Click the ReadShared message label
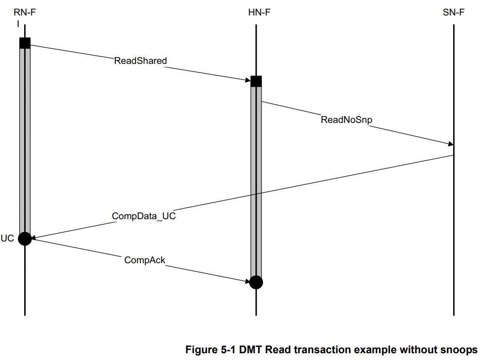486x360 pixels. click(x=140, y=61)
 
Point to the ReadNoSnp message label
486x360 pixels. click(x=347, y=120)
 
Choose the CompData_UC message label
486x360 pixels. click(x=144, y=216)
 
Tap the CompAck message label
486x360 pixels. click(x=145, y=260)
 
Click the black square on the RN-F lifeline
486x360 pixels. click(x=25, y=43)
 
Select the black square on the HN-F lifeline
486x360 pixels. click(x=256, y=81)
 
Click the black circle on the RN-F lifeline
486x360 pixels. click(x=25, y=238)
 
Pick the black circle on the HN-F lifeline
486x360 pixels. click(x=256, y=282)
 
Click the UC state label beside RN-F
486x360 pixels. click(x=7, y=238)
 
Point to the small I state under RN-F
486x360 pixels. click(x=18, y=23)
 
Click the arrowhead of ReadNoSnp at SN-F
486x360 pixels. click(x=451, y=144)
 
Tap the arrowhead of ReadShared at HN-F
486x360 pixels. click(x=247, y=80)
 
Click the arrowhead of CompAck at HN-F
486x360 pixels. click(x=247, y=281)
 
